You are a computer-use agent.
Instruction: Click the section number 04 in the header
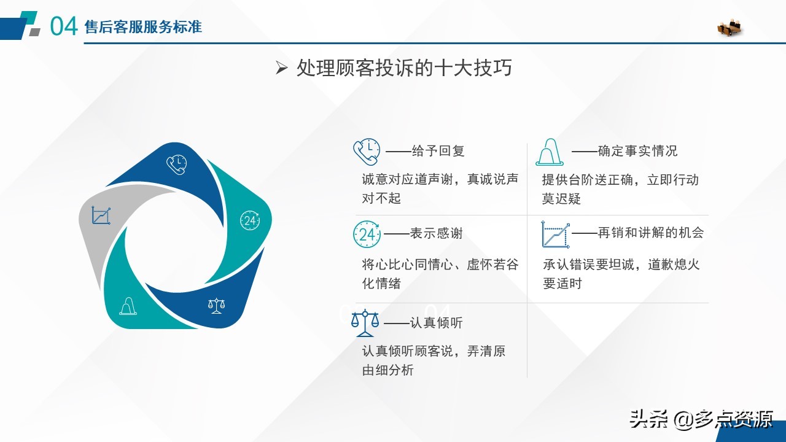pyautogui.click(x=63, y=26)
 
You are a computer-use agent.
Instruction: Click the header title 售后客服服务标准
pyautogui.click(x=143, y=27)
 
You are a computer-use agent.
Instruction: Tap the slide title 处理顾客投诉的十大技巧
pyautogui.click(x=403, y=68)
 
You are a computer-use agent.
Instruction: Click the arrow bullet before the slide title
pyautogui.click(x=282, y=69)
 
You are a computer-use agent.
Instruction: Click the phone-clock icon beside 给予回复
pyautogui.click(x=366, y=152)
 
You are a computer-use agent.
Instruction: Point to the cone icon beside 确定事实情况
pyautogui.click(x=550, y=152)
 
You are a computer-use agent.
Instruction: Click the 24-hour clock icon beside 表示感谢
pyautogui.click(x=367, y=234)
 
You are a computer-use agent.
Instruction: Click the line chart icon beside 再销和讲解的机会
pyautogui.click(x=555, y=234)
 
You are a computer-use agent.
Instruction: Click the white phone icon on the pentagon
pyautogui.click(x=176, y=163)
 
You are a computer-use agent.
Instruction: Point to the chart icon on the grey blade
pyautogui.click(x=101, y=215)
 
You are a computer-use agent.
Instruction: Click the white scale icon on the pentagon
pyautogui.click(x=216, y=305)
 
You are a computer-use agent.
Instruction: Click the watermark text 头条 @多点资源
pyautogui.click(x=701, y=419)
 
